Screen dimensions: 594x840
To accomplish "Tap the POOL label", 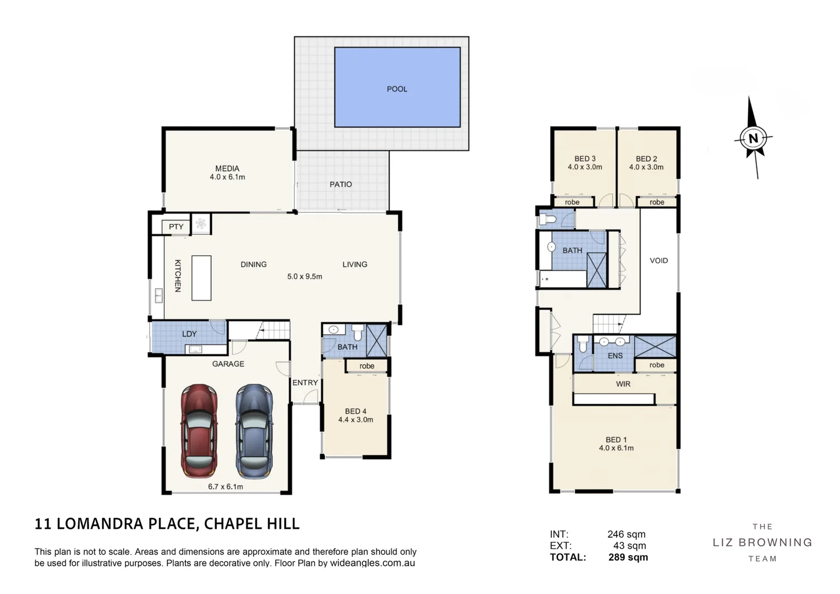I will pyautogui.click(x=397, y=89).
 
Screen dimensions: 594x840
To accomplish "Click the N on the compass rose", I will pyautogui.click(x=753, y=139).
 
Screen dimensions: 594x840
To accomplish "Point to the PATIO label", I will pyautogui.click(x=341, y=184).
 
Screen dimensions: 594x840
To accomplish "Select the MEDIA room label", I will pyautogui.click(x=227, y=169).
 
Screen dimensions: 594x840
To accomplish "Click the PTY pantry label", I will pyautogui.click(x=176, y=227).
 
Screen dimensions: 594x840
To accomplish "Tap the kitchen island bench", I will pyautogui.click(x=201, y=278).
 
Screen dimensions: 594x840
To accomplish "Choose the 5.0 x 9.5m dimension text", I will pyautogui.click(x=304, y=277).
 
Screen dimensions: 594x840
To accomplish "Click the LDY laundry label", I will pyautogui.click(x=189, y=334).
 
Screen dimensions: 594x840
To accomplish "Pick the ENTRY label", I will pyautogui.click(x=305, y=383).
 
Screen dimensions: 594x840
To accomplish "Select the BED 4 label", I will pyautogui.click(x=355, y=411).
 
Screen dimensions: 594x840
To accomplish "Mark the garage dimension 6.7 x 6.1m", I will pyautogui.click(x=226, y=487).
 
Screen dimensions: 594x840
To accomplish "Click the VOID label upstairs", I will pyautogui.click(x=658, y=261).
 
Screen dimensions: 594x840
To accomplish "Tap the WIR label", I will pyautogui.click(x=623, y=384).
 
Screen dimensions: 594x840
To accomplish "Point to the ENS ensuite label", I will pyautogui.click(x=615, y=356).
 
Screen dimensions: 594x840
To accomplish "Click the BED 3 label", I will pyautogui.click(x=585, y=159).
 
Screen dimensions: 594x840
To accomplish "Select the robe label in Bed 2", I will pyautogui.click(x=657, y=202).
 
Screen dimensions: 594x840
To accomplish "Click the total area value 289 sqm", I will pyautogui.click(x=628, y=557).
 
